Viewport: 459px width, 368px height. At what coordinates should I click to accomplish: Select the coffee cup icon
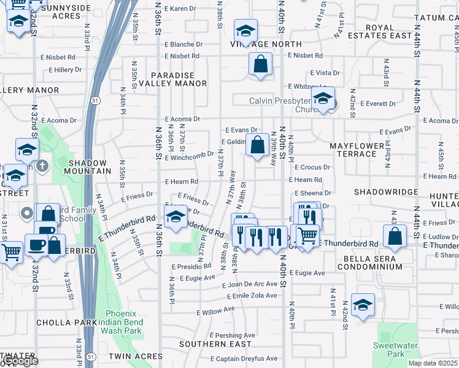tap(36, 244)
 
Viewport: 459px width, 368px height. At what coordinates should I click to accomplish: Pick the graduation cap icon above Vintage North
tap(245, 31)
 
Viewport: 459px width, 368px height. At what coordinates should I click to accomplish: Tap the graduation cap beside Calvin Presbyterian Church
tap(322, 98)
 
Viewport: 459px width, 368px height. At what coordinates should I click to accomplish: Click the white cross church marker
tap(42, 166)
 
